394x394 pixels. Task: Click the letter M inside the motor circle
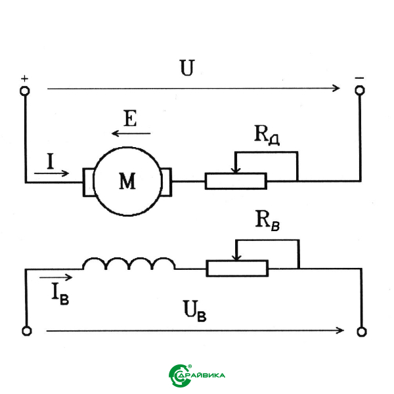[x=127, y=181]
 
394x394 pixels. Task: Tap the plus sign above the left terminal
[x=25, y=79]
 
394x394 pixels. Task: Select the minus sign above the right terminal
[x=359, y=78]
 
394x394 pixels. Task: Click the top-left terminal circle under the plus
[x=25, y=91]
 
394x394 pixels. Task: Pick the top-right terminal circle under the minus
[x=360, y=90]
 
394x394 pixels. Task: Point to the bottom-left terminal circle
[x=27, y=331]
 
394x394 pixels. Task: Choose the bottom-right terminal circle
[x=362, y=332]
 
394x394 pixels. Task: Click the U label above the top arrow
[x=187, y=68]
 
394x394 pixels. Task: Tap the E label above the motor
[x=131, y=118]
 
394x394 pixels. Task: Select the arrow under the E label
[x=131, y=133]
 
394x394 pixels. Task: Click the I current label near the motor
[x=51, y=162]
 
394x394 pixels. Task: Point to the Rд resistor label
[x=267, y=135]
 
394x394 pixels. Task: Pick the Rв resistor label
[x=267, y=221]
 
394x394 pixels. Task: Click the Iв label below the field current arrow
[x=60, y=294]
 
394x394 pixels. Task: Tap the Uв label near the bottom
[x=195, y=311]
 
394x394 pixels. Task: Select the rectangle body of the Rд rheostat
[x=236, y=181]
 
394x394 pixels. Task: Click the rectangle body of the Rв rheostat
[x=237, y=269]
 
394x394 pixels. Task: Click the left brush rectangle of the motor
[x=89, y=182]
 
